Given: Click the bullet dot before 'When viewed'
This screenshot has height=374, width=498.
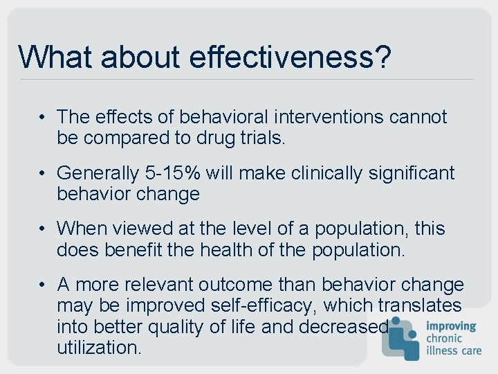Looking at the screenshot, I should pyautogui.click(x=43, y=229).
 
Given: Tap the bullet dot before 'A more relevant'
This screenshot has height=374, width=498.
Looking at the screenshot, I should pyautogui.click(x=43, y=285).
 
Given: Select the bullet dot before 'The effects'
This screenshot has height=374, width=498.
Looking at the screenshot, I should pyautogui.click(x=43, y=117).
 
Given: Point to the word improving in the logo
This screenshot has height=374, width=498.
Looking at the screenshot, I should pyautogui.click(x=451, y=326).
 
